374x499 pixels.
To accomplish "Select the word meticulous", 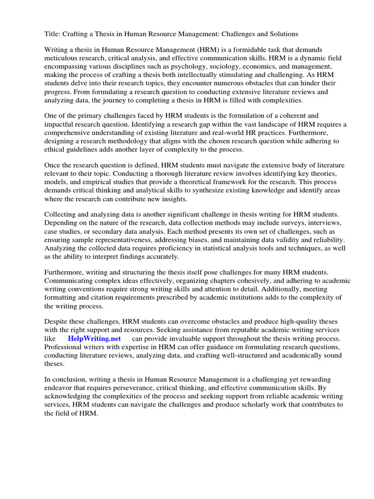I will pyautogui.click(x=63, y=58).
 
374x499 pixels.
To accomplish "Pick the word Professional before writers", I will pyautogui.click(x=64, y=346).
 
